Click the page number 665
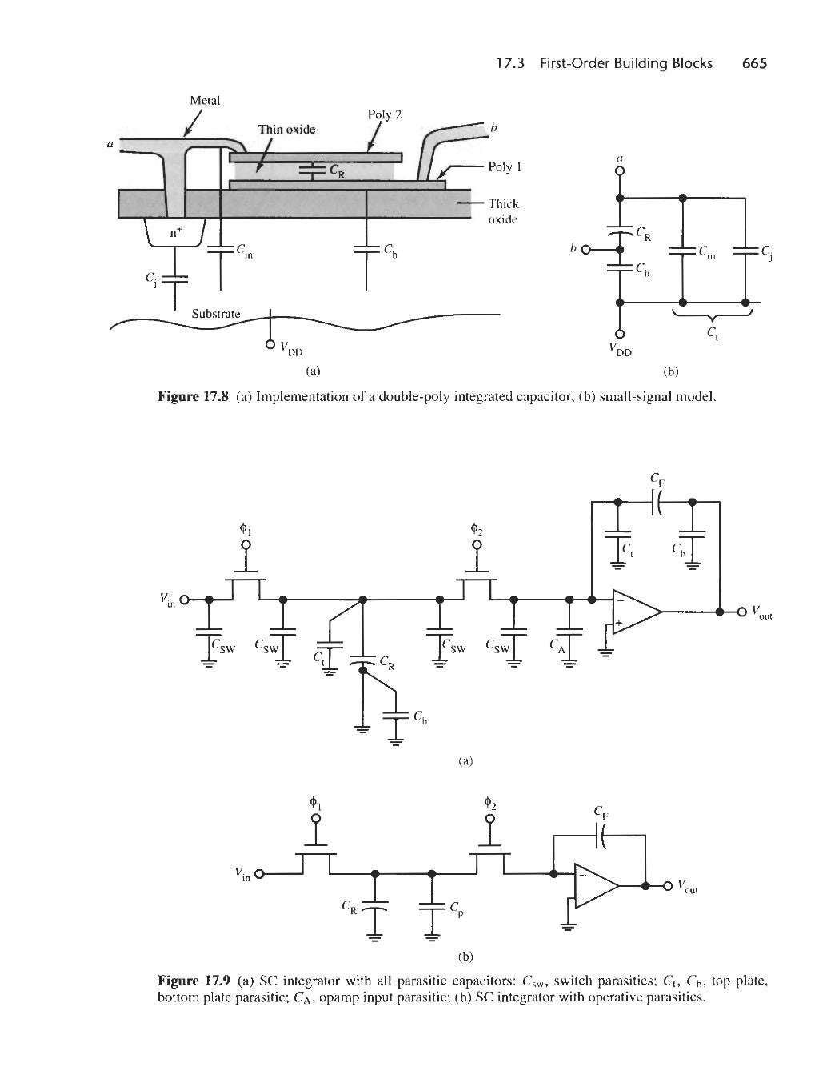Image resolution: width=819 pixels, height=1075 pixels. pos(753,63)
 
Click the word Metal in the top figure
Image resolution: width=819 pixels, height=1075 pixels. pos(205,101)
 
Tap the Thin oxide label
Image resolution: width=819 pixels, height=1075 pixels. pos(286,129)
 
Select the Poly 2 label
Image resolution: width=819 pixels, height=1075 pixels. pos(384,114)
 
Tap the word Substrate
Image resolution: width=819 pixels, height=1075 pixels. pos(215,313)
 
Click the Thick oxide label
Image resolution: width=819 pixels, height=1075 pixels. pos(504,211)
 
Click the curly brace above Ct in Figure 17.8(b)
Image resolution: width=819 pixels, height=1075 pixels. pos(713,317)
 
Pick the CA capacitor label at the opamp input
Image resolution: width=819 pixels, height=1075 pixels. pos(557,646)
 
